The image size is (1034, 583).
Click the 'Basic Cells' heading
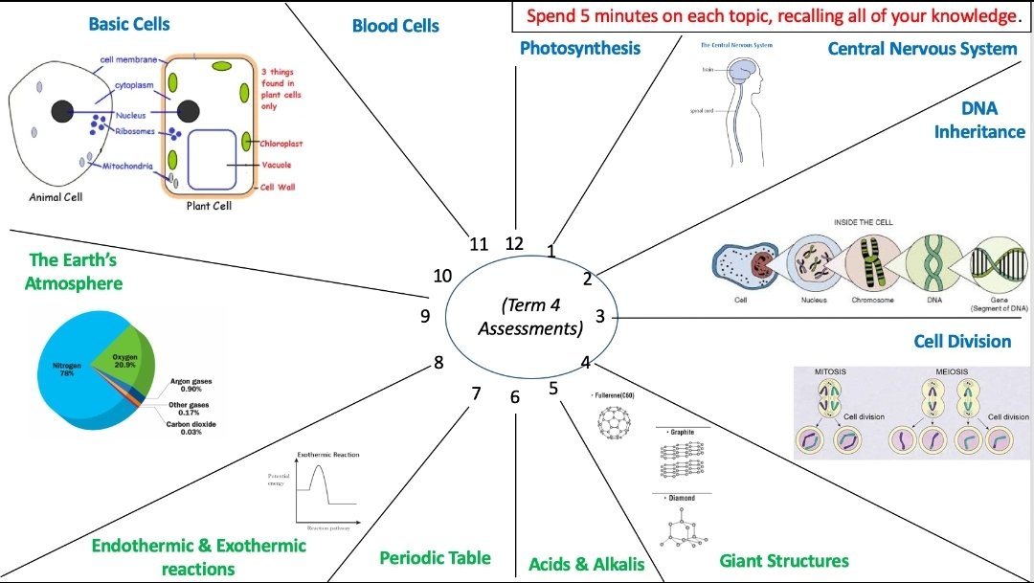[x=129, y=24]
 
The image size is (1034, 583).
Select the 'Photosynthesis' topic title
[x=580, y=48]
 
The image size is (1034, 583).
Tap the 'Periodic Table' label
[x=435, y=557]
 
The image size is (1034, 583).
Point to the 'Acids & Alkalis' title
[x=587, y=564]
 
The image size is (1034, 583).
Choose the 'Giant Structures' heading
[x=784, y=560]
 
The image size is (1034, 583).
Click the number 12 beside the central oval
[x=514, y=243]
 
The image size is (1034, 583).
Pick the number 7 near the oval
[x=475, y=392]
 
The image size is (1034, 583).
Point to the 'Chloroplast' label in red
[x=281, y=144]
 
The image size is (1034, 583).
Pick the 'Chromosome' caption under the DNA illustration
[x=872, y=300]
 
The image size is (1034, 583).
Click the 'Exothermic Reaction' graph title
[x=328, y=455]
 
